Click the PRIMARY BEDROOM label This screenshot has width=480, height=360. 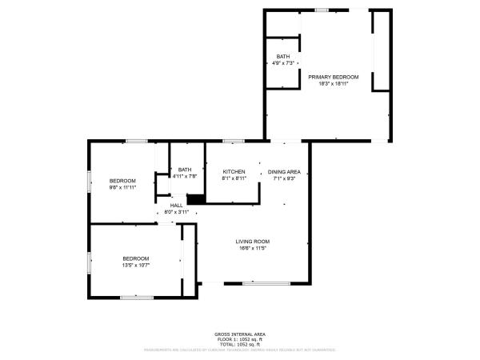coord(334,77)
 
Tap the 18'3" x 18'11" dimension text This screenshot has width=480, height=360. coord(334,83)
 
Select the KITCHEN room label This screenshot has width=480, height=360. coord(234,172)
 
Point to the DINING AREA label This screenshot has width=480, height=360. coord(284,172)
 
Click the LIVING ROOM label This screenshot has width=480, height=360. coord(252,242)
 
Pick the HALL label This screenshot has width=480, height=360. coord(176,206)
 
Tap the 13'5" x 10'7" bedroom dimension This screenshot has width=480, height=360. coord(136,264)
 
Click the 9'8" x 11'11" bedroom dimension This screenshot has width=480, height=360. coord(123,187)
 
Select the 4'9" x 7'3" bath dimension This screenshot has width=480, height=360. coord(284,62)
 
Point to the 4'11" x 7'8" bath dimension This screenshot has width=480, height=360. coord(185,176)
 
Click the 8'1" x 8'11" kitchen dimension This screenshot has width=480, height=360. coord(234,178)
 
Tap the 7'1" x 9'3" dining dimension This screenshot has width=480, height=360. coord(284,178)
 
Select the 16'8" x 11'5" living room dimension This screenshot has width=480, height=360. coord(252,248)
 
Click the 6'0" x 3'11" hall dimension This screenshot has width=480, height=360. coord(176,212)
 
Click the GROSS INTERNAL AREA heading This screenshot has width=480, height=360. coord(240,334)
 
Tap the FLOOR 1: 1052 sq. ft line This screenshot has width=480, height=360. coord(240,338)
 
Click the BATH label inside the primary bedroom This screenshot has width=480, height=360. coord(284,56)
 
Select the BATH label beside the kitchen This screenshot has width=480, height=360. coord(185,170)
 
